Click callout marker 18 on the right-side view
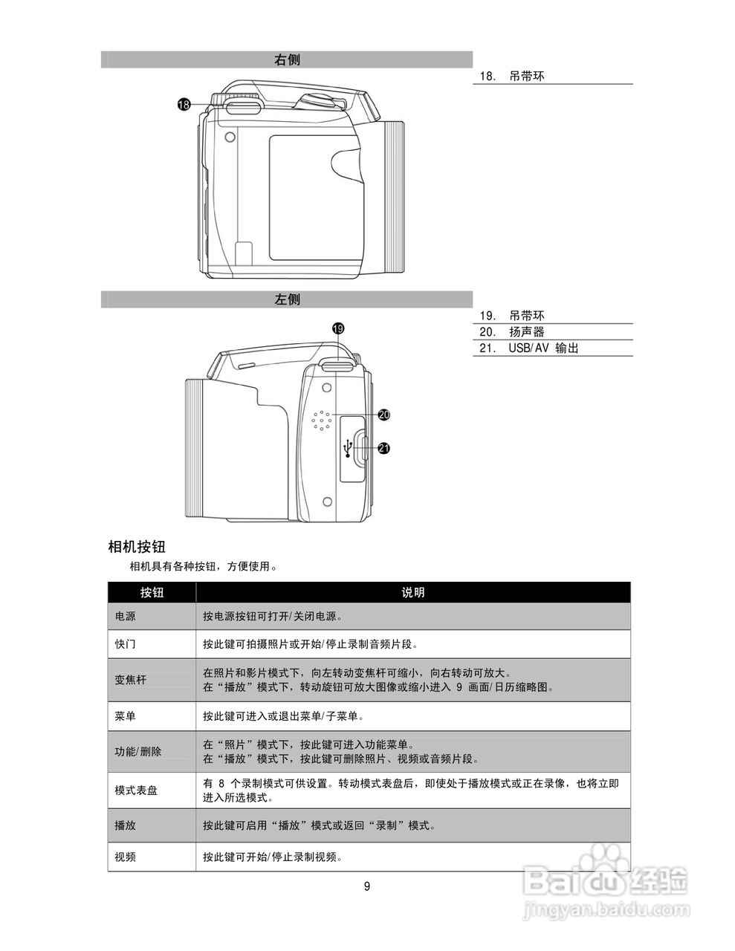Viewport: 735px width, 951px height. click(x=184, y=105)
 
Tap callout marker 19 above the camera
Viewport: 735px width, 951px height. click(x=338, y=328)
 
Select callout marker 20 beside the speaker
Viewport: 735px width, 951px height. click(x=383, y=415)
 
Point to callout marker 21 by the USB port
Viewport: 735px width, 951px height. click(x=383, y=448)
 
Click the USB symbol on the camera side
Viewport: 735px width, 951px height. click(x=348, y=449)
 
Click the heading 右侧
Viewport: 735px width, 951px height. click(x=287, y=60)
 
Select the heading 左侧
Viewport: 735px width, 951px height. click(x=287, y=300)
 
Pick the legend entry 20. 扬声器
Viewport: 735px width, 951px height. click(x=512, y=332)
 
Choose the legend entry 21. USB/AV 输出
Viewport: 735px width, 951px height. click(x=528, y=348)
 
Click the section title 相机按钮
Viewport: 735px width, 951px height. click(x=137, y=548)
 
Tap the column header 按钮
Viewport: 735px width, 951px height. click(x=152, y=592)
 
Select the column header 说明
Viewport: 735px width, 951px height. click(x=413, y=592)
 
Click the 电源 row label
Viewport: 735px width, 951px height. click(x=126, y=617)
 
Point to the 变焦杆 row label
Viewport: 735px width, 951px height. click(x=131, y=680)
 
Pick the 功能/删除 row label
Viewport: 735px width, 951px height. click(x=138, y=752)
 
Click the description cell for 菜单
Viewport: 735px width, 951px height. click(x=285, y=717)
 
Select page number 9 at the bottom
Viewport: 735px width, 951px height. click(x=367, y=886)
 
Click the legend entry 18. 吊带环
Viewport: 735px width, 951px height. click(x=512, y=76)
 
